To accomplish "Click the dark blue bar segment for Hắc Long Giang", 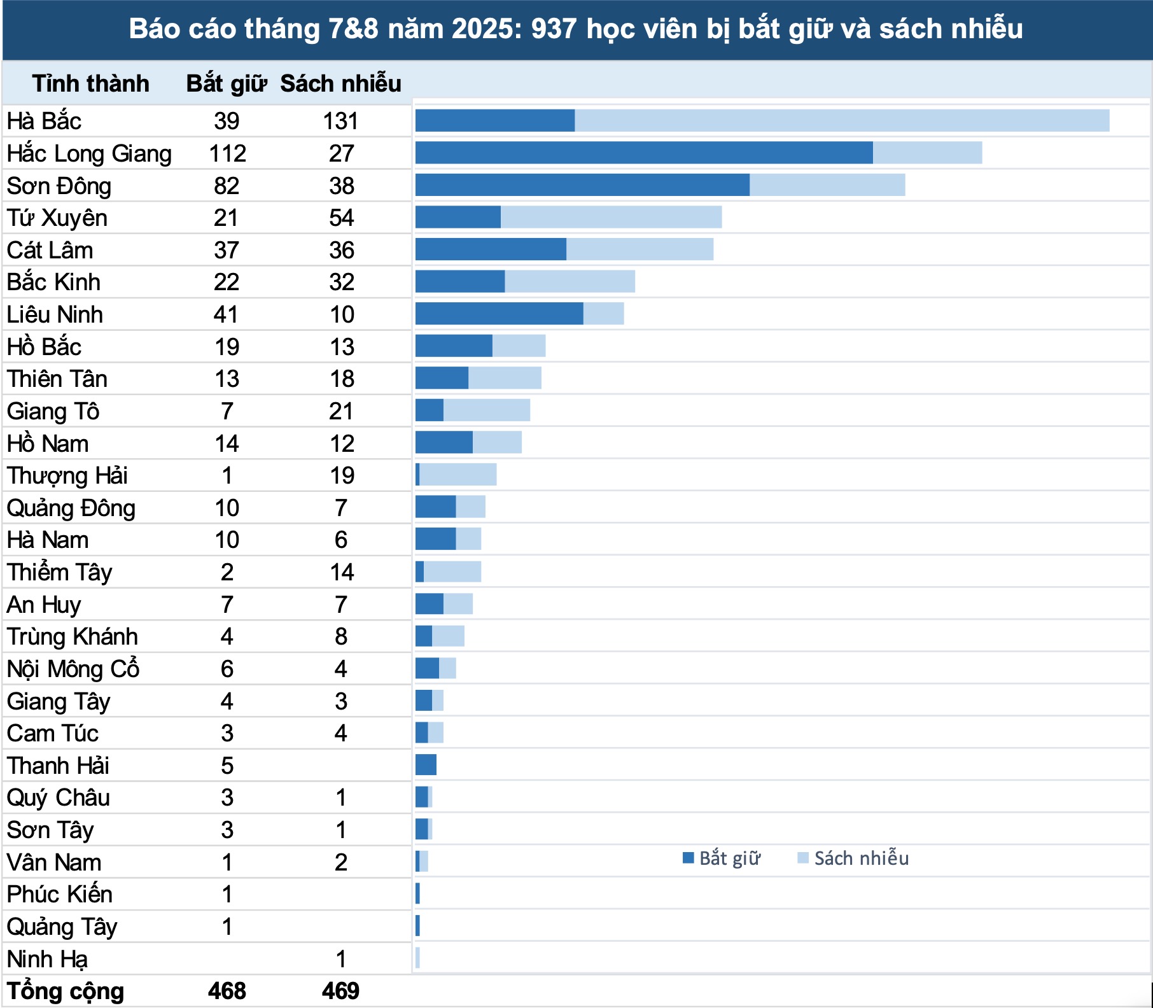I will click(x=644, y=153).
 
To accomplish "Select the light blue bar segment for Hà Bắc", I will click(x=841, y=121).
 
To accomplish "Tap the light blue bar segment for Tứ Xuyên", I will click(x=611, y=217).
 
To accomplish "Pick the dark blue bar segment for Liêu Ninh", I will click(x=499, y=314).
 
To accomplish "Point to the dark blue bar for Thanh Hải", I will click(x=426, y=764).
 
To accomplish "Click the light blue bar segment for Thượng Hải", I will click(x=458, y=475).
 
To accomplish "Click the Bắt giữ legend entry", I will click(x=722, y=858).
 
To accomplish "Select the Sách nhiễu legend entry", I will click(x=853, y=858).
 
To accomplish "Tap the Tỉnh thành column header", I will click(x=90, y=83).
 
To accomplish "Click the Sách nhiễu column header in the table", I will click(x=340, y=83).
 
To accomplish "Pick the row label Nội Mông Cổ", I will click(x=73, y=669).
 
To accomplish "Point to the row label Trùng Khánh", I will click(x=73, y=636).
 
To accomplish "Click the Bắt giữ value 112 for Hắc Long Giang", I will click(x=227, y=153).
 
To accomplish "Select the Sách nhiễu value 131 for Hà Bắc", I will click(x=340, y=121).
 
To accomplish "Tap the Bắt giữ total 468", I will click(x=227, y=991).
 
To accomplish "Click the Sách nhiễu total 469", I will click(x=340, y=991).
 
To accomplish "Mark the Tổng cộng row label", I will click(x=66, y=991).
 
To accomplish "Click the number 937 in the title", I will click(x=554, y=29).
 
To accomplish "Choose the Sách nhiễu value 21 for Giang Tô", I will click(x=341, y=411).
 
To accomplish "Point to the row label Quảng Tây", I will click(x=62, y=927).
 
